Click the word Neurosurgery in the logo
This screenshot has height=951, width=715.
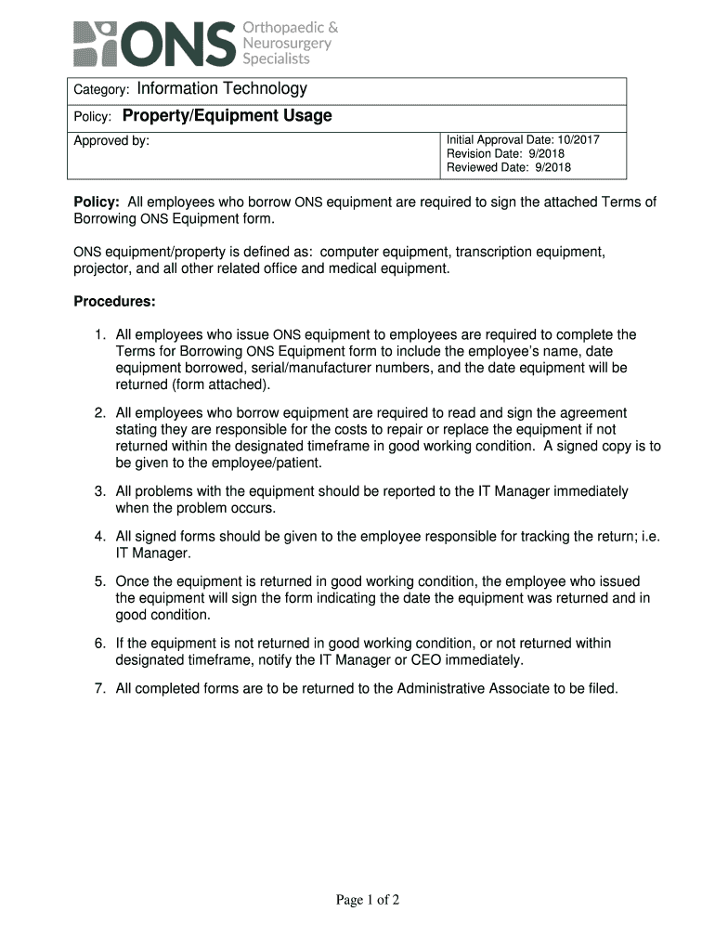(x=287, y=43)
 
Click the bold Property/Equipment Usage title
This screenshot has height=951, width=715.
(x=227, y=116)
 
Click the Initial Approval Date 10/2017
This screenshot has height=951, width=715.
(x=523, y=140)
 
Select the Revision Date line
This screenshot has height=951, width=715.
(x=505, y=154)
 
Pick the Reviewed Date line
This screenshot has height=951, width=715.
(x=509, y=168)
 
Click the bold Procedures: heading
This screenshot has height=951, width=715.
(x=114, y=303)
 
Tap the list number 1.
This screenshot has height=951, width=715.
(x=97, y=334)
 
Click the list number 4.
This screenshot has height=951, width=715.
(x=97, y=537)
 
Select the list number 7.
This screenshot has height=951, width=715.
(x=97, y=689)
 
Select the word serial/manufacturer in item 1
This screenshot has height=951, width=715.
(x=329, y=368)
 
